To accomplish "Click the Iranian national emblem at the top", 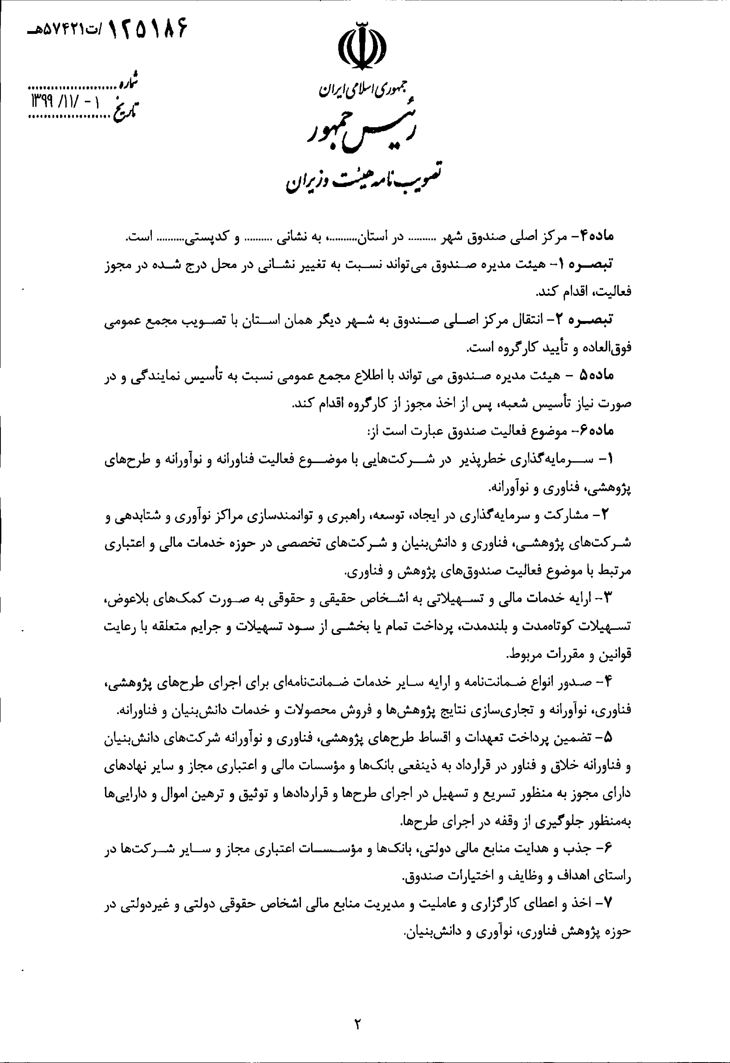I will click(x=361, y=46).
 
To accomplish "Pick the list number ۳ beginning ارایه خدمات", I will click(x=607, y=598).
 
